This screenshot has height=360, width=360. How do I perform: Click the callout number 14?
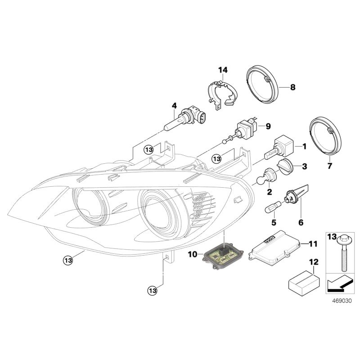click(x=223, y=70)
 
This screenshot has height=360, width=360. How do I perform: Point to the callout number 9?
click(x=268, y=126)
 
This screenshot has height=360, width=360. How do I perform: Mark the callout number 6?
click(x=301, y=222)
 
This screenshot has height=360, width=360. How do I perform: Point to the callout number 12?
click(x=313, y=261)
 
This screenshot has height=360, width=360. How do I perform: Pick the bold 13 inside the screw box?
click(x=331, y=237)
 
